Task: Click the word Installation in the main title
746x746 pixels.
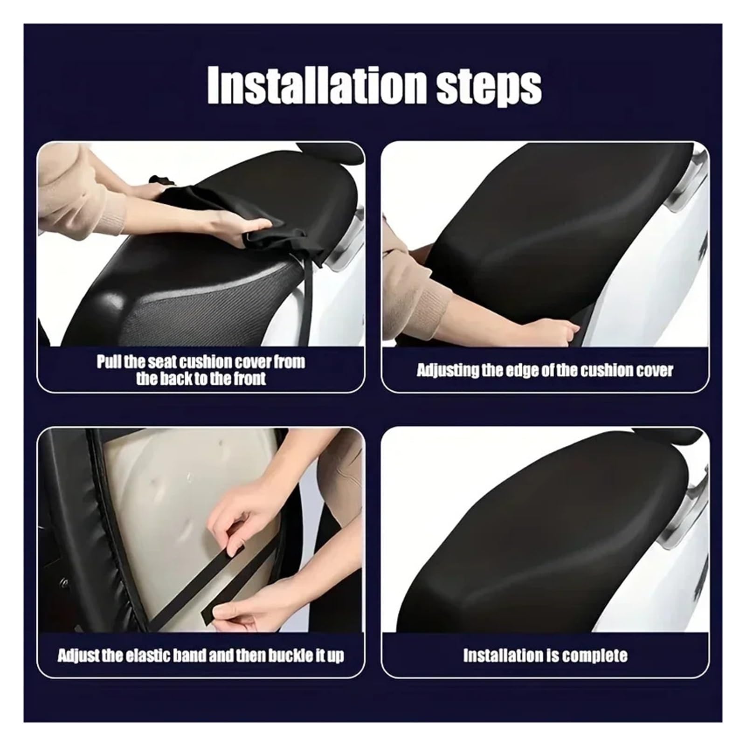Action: (x=317, y=87)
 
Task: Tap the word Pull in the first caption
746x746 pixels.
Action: (x=108, y=362)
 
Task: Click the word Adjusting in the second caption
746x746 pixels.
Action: (x=448, y=371)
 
